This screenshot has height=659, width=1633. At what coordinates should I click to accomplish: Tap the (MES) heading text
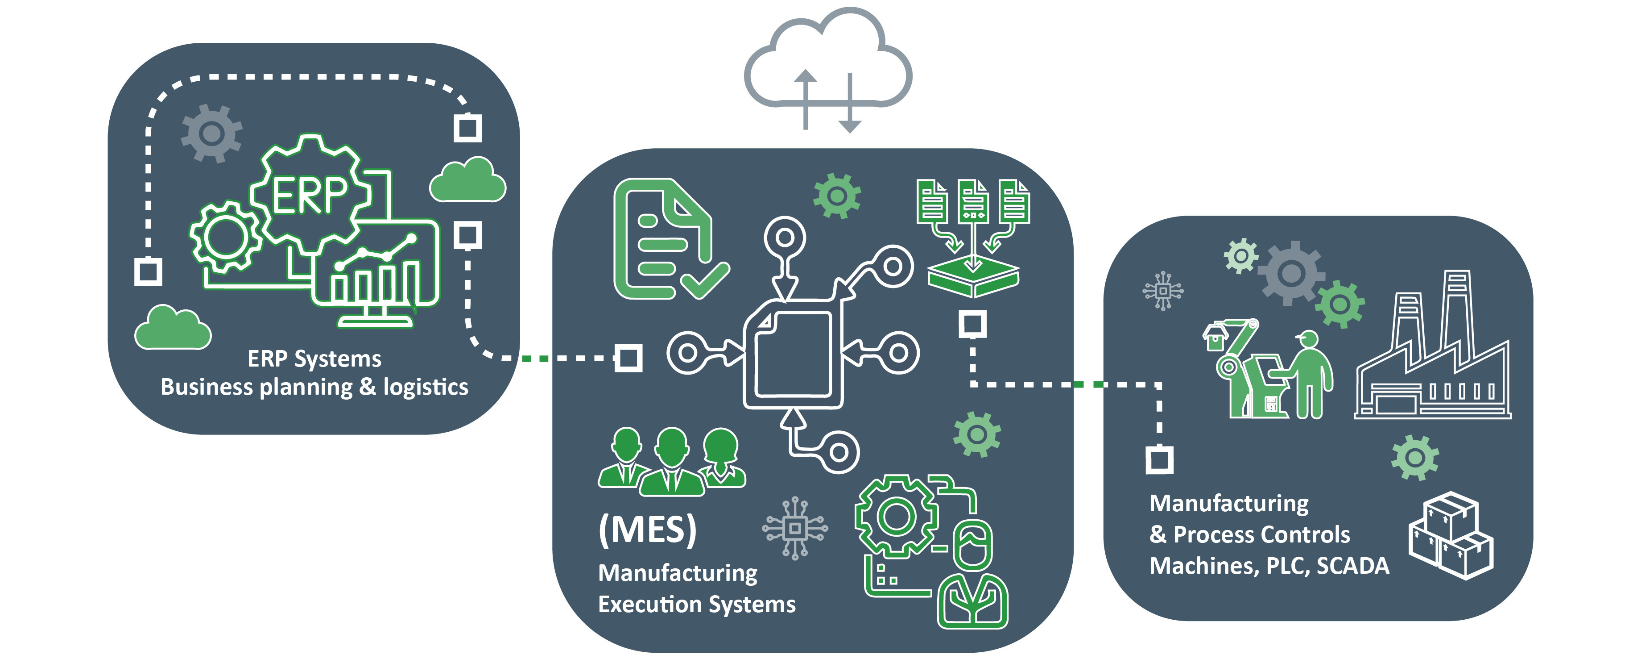(x=647, y=529)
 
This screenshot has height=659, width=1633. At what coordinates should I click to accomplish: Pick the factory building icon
(x=1433, y=355)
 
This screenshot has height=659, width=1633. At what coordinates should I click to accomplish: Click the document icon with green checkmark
(x=666, y=241)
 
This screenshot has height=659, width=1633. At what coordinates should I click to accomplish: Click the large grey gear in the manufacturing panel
(x=1291, y=273)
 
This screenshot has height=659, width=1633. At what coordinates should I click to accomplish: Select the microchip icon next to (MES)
(x=795, y=528)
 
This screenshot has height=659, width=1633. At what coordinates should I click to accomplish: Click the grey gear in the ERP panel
(x=211, y=133)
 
